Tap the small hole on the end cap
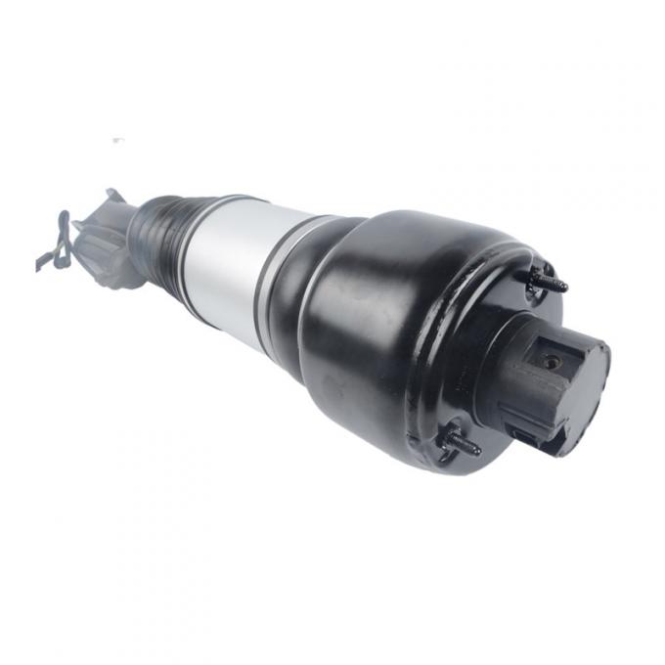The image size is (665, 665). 554,362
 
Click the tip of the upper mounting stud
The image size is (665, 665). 565,286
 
